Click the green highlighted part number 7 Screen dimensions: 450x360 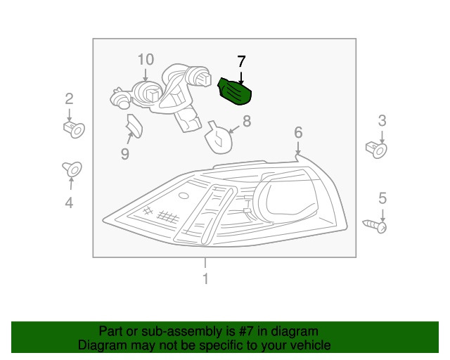(x=235, y=92)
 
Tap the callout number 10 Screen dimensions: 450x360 (x=146, y=60)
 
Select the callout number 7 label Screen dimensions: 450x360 (x=241, y=61)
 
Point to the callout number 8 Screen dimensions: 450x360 (x=247, y=121)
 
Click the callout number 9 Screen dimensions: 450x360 (x=125, y=154)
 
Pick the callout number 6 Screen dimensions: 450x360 (x=298, y=132)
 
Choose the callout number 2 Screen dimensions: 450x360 (x=69, y=98)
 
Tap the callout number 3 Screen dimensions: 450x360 (x=382, y=121)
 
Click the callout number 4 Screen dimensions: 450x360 (x=69, y=202)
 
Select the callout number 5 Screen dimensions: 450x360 (x=382, y=198)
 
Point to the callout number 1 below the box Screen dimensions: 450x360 (x=205, y=278)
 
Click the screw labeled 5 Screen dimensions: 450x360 (x=375, y=226)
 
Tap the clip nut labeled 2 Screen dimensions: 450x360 (x=74, y=129)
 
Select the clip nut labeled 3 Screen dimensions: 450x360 (x=376, y=150)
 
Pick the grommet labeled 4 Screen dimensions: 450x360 (x=72, y=169)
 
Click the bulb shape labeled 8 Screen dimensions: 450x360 (x=218, y=137)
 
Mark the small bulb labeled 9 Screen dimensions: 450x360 (x=134, y=126)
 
